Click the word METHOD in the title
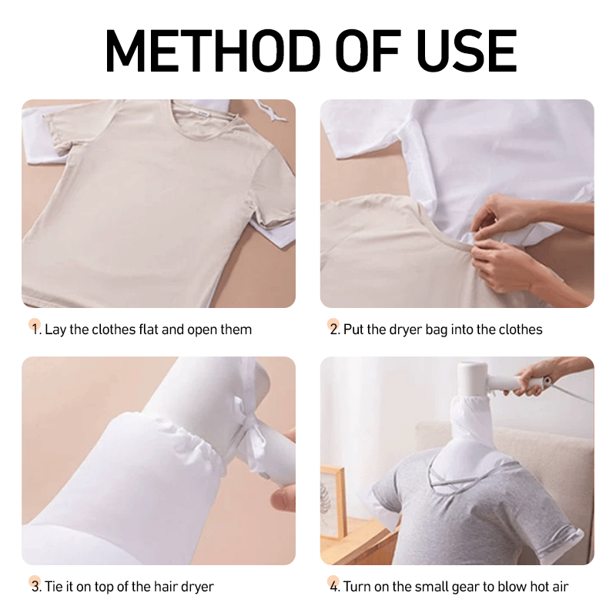(213, 52)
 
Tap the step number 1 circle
(35, 324)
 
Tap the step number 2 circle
(333, 324)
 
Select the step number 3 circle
(35, 582)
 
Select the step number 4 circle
(333, 582)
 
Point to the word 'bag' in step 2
(436, 330)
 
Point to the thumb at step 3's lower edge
(283, 499)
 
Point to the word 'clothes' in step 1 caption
(113, 330)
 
